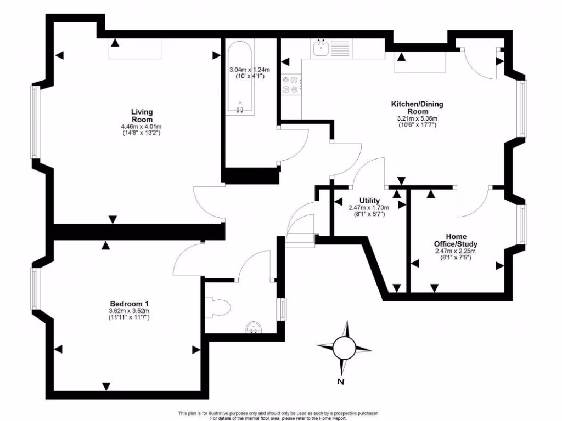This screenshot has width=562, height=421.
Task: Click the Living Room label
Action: [142, 116]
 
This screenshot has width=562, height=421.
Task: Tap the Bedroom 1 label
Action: [130, 304]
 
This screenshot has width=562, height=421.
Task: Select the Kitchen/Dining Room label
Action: [417, 107]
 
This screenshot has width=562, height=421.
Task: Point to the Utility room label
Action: [368, 201]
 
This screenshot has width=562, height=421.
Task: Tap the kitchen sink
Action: [321, 49]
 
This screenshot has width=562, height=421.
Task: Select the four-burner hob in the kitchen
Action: [291, 85]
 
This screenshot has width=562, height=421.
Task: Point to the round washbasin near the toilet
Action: [253, 327]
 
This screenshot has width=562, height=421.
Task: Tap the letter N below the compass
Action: [341, 382]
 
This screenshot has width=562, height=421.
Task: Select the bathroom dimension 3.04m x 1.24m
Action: [250, 70]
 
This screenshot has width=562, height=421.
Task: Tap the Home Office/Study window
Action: [523, 225]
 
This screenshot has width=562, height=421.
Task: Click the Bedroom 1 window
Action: [35, 287]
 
